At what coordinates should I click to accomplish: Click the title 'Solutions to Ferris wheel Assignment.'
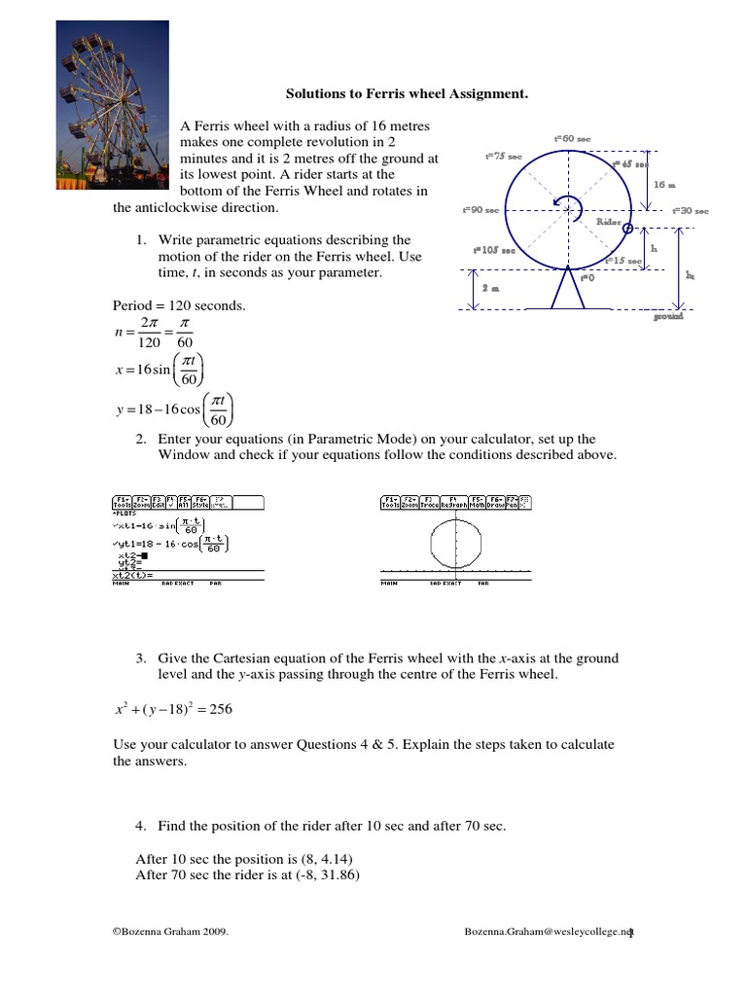pyautogui.click(x=407, y=94)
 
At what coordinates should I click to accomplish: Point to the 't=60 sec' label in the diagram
pyautogui.click(x=572, y=139)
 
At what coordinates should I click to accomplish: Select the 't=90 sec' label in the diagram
pyautogui.click(x=480, y=210)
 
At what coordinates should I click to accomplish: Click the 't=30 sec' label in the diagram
pyautogui.click(x=690, y=210)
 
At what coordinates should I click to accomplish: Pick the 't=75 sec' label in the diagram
pyautogui.click(x=503, y=157)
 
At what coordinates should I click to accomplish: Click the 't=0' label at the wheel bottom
pyautogui.click(x=587, y=277)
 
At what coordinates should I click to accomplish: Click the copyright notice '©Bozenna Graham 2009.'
pyautogui.click(x=171, y=932)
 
